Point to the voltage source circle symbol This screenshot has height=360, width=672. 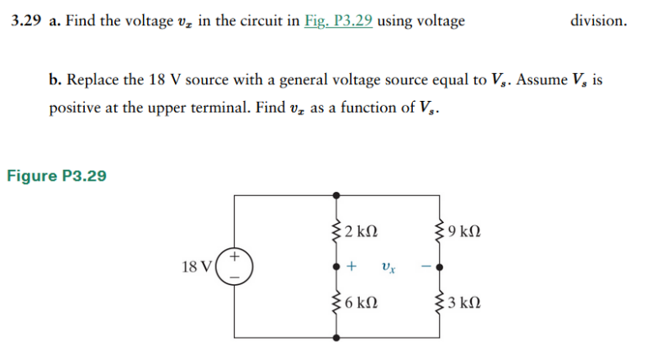click(235, 264)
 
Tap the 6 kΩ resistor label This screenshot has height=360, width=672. click(360, 304)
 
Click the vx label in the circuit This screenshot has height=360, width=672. click(388, 267)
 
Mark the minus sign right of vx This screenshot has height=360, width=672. click(426, 267)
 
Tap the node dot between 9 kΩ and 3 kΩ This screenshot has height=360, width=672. click(439, 267)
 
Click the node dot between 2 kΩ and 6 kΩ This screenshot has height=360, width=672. click(337, 267)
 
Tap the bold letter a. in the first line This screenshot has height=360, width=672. click(53, 21)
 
